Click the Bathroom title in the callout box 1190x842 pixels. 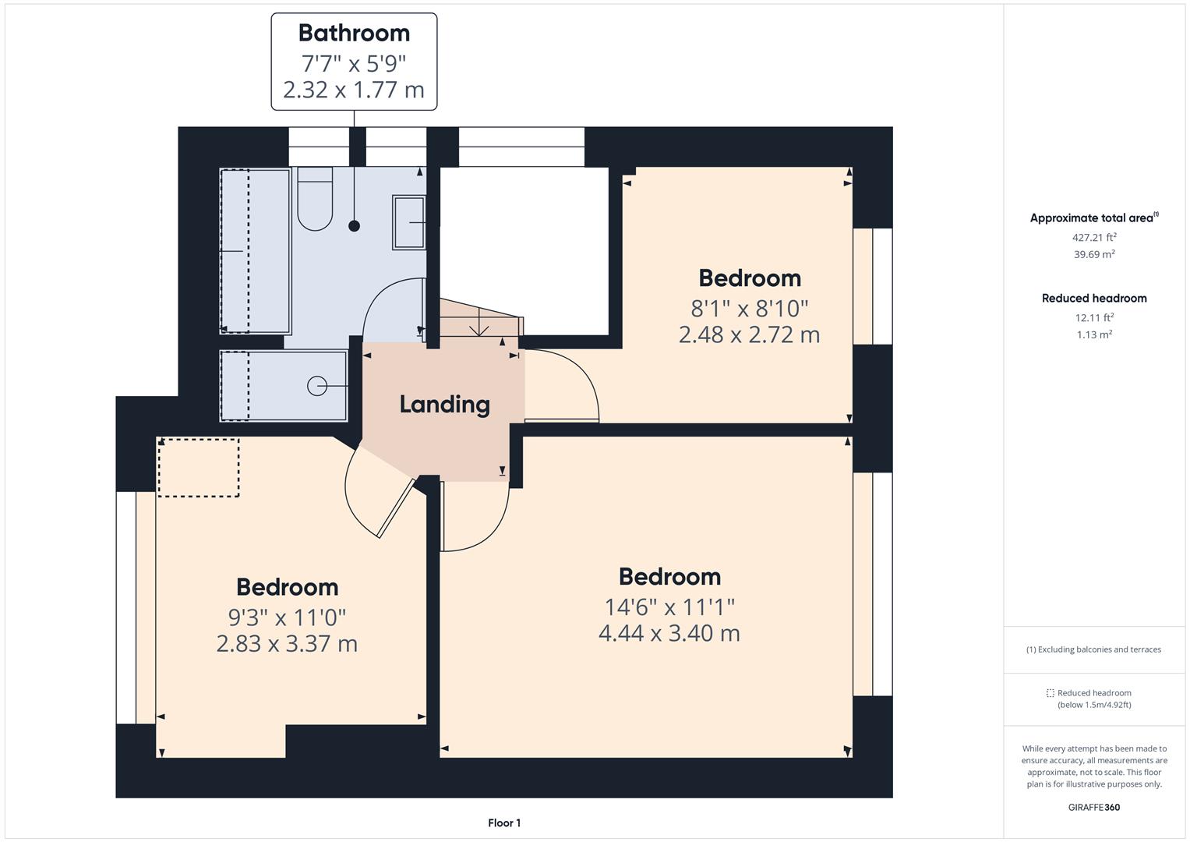[354, 33]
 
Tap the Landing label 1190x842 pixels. [445, 405]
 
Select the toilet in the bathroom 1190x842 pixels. [315, 199]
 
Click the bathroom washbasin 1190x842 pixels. [408, 222]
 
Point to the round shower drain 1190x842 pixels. [317, 386]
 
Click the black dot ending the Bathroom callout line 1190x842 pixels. [354, 226]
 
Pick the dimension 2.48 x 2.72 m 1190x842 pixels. [749, 335]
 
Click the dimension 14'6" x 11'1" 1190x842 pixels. [669, 607]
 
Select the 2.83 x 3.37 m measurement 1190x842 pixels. [287, 644]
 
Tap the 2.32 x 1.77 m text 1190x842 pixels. [354, 90]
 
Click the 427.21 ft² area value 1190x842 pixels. [1094, 237]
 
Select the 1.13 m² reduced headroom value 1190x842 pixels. [1094, 334]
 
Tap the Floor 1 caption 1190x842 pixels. [504, 823]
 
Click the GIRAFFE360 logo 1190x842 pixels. [1094, 807]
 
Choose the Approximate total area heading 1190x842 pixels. [1094, 218]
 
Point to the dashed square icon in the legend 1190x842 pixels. [1050, 693]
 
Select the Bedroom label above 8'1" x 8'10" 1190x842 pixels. [750, 278]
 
